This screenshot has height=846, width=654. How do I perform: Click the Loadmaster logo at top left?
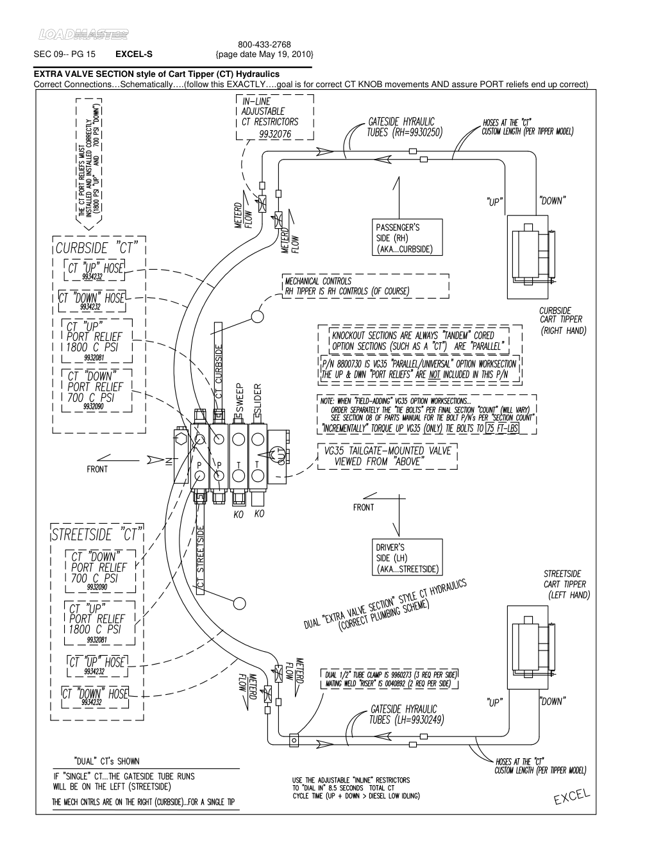(83, 34)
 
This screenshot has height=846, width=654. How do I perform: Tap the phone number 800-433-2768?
(264, 45)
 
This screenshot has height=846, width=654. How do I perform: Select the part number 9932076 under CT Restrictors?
(274, 134)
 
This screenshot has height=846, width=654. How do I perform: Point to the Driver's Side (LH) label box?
(408, 558)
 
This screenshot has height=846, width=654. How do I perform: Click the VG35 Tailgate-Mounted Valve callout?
(387, 456)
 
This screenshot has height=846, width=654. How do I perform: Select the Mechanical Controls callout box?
(365, 286)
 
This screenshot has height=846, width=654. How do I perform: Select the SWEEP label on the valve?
(239, 401)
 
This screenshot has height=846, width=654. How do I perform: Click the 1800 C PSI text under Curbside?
(92, 347)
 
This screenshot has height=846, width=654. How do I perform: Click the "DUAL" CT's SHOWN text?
(106, 761)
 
